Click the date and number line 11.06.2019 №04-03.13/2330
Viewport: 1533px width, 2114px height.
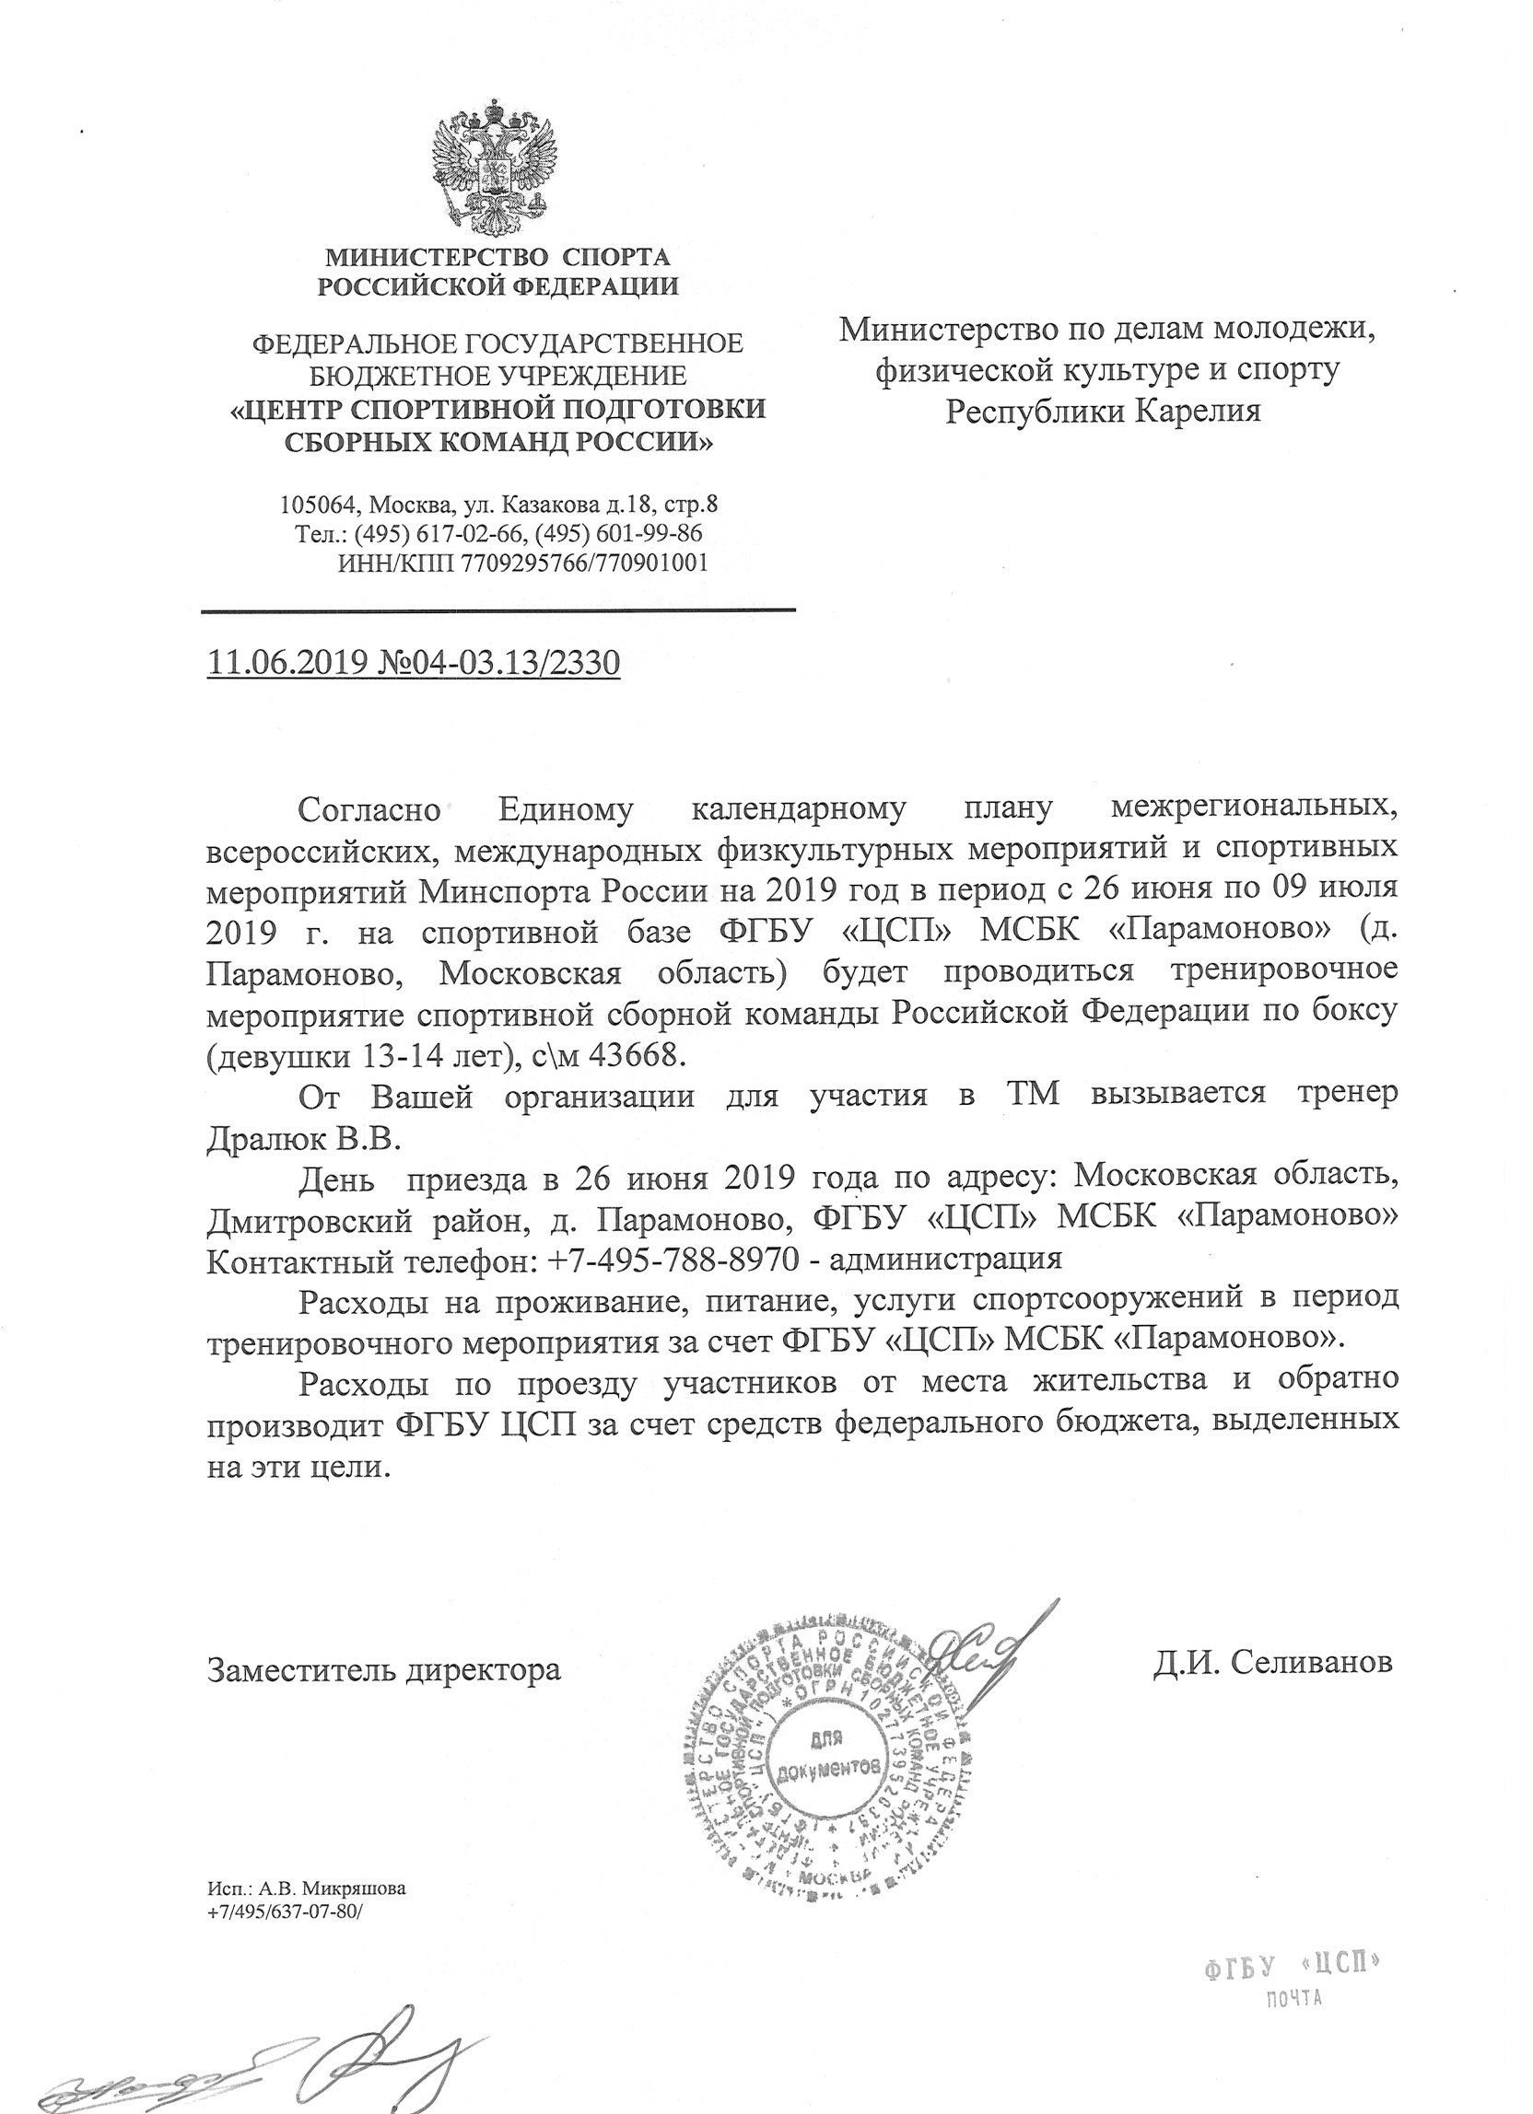[x=413, y=663]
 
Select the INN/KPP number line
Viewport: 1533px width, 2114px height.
[x=521, y=563]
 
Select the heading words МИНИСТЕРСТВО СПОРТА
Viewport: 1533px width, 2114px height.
[x=497, y=255]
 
